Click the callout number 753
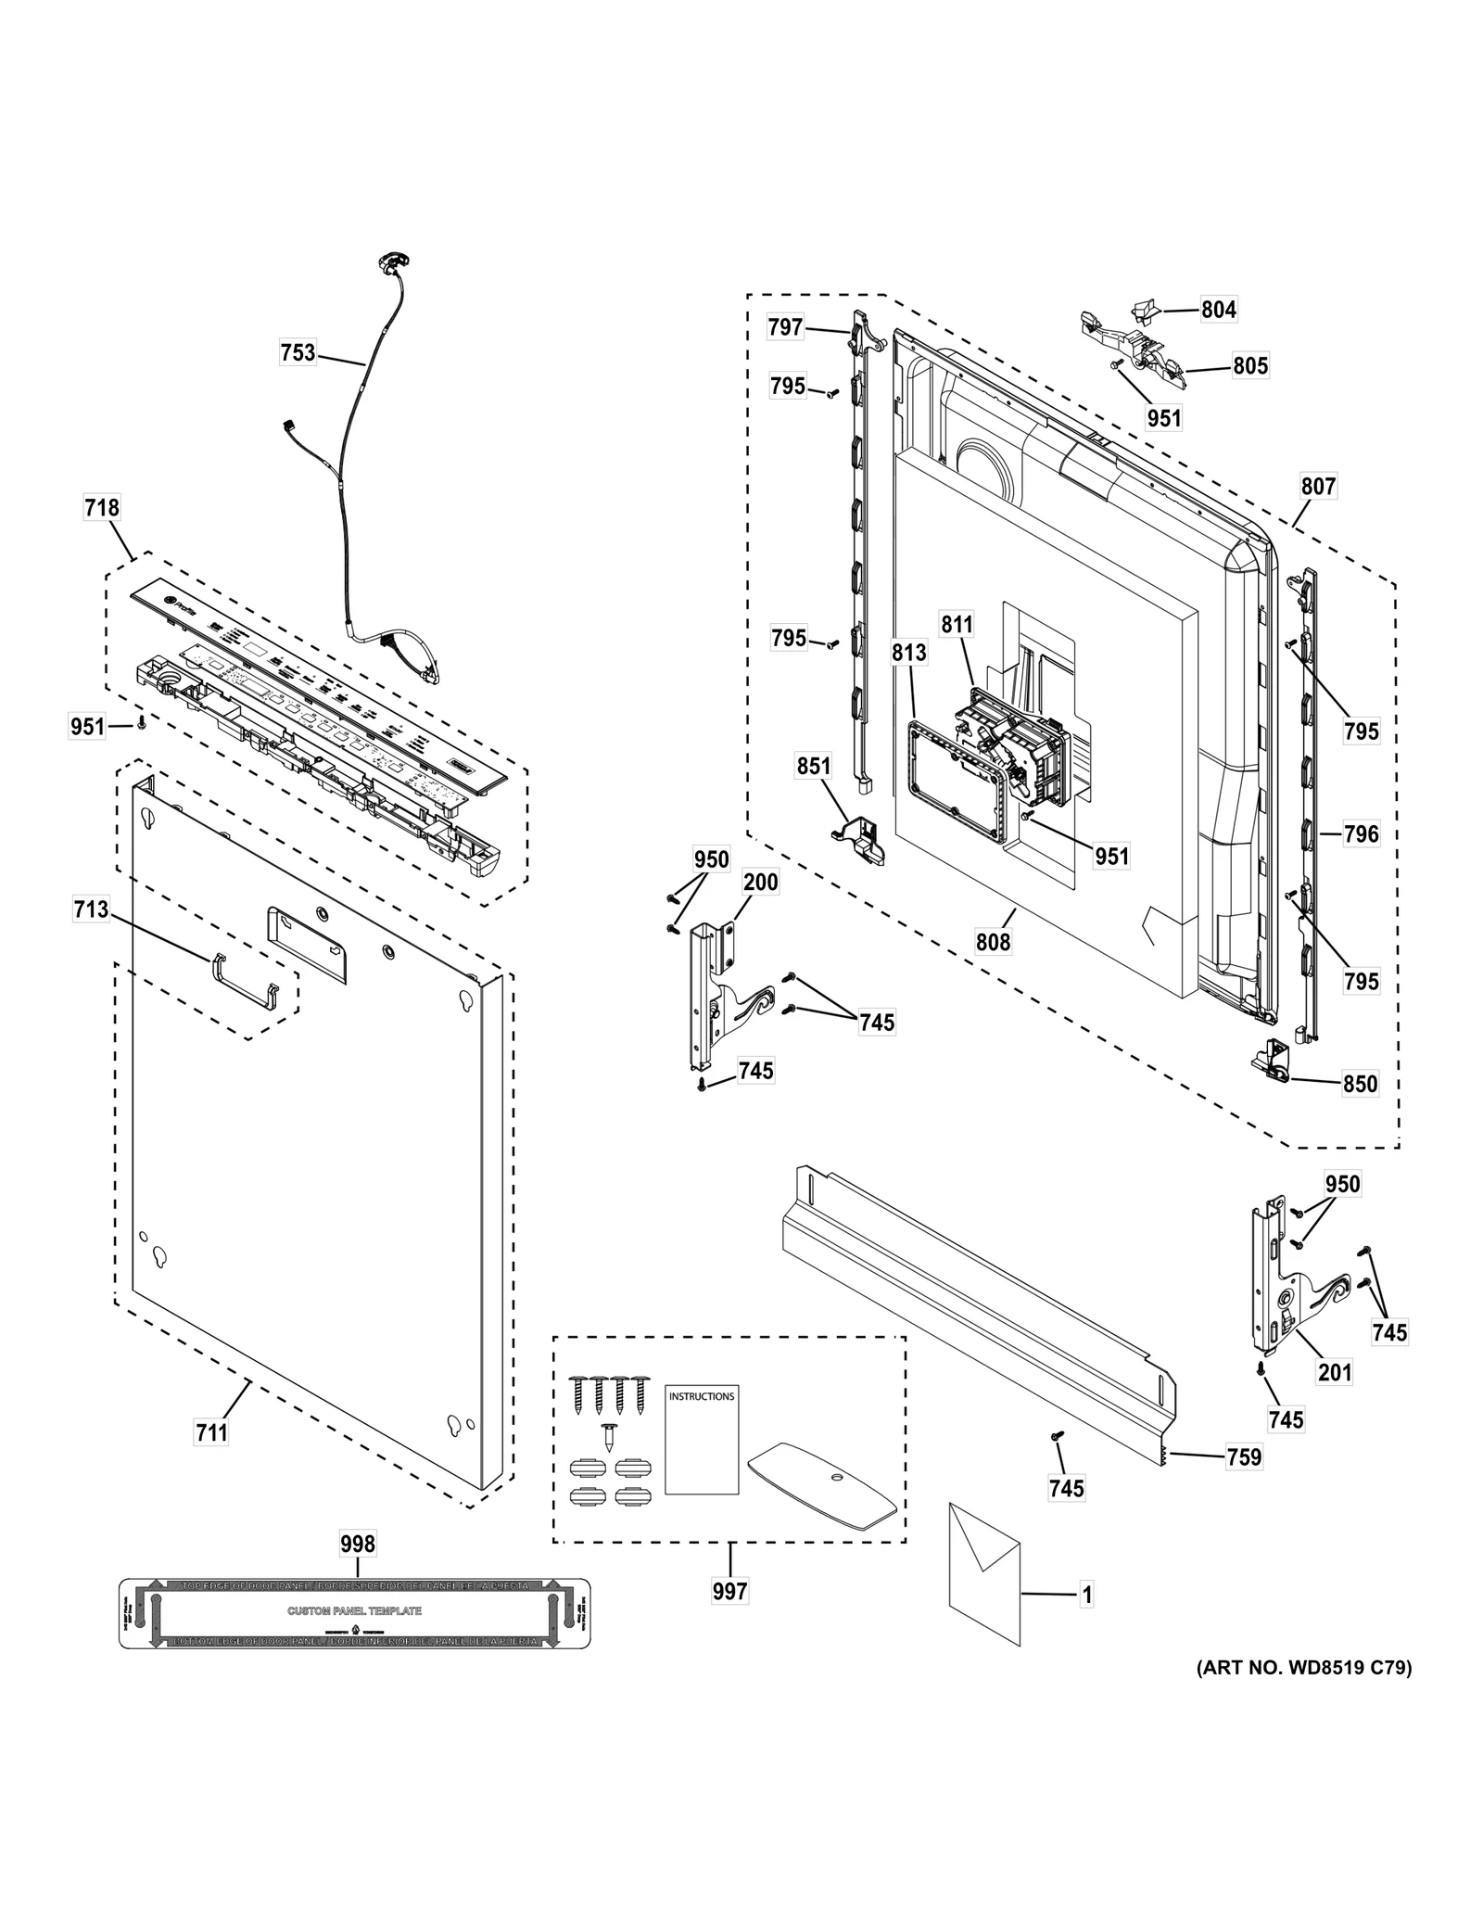pos(298,352)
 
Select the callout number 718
pos(102,507)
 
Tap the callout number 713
pos(92,910)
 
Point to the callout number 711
pos(211,1432)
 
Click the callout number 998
pos(358,1543)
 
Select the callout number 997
pos(730,1591)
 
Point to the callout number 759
pos(1244,1456)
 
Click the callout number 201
pos(1335,1371)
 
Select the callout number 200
pos(761,882)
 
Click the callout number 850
pos(1360,1083)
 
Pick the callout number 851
pos(814,766)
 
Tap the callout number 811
pos(957,624)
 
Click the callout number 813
pos(909,653)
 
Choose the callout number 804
pos(1219,310)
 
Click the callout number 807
pos(1318,486)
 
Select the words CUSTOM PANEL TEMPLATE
pos(355,1610)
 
